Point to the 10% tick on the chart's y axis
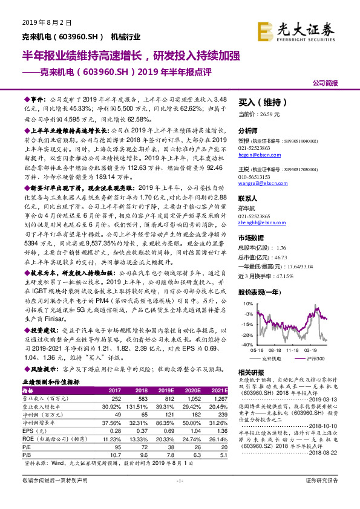(x=246, y=304)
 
